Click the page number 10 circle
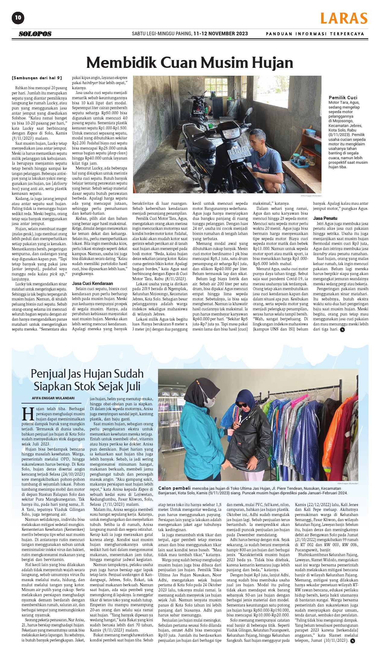[x=18, y=17]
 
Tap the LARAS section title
[x=344, y=18]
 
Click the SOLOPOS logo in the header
[x=35, y=34]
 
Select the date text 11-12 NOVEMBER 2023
[x=220, y=33]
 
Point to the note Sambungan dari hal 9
[x=37, y=78]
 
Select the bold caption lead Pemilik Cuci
[x=343, y=97]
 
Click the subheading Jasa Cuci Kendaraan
[x=92, y=283]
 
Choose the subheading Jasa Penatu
[x=325, y=218]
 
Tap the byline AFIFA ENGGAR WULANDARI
[x=53, y=398]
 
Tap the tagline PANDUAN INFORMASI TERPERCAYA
[x=315, y=34]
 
